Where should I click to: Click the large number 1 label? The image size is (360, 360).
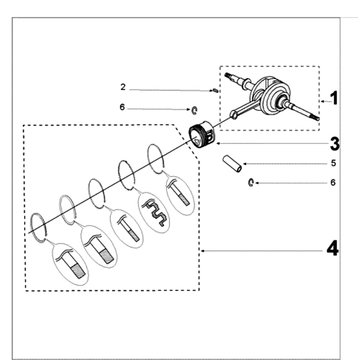point(333,98)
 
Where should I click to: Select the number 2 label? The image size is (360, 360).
point(123,87)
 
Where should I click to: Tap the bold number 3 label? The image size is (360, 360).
point(334,144)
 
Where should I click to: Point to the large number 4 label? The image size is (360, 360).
point(332,248)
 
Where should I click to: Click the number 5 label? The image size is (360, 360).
point(333,163)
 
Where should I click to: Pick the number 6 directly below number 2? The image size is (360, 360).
point(122,108)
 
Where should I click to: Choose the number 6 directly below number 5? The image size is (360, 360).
point(333,183)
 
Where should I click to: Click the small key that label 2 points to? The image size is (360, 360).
point(216,90)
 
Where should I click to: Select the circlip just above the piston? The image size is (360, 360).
point(194,110)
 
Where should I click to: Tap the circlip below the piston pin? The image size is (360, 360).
point(251,182)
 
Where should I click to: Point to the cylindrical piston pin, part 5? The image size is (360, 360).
point(232,163)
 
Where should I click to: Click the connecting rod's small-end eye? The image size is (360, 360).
point(234,115)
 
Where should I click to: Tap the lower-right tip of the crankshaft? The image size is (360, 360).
point(317,118)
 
